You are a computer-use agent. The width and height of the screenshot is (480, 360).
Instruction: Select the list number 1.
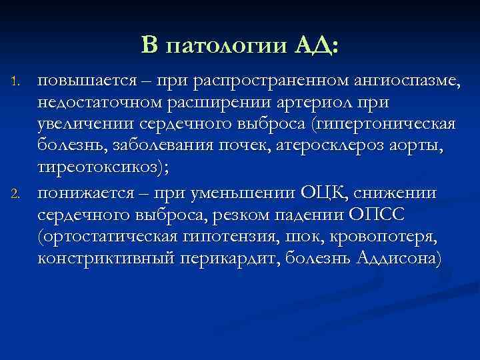tap(19, 83)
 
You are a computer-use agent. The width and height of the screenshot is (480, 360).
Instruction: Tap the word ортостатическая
tap(107, 237)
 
